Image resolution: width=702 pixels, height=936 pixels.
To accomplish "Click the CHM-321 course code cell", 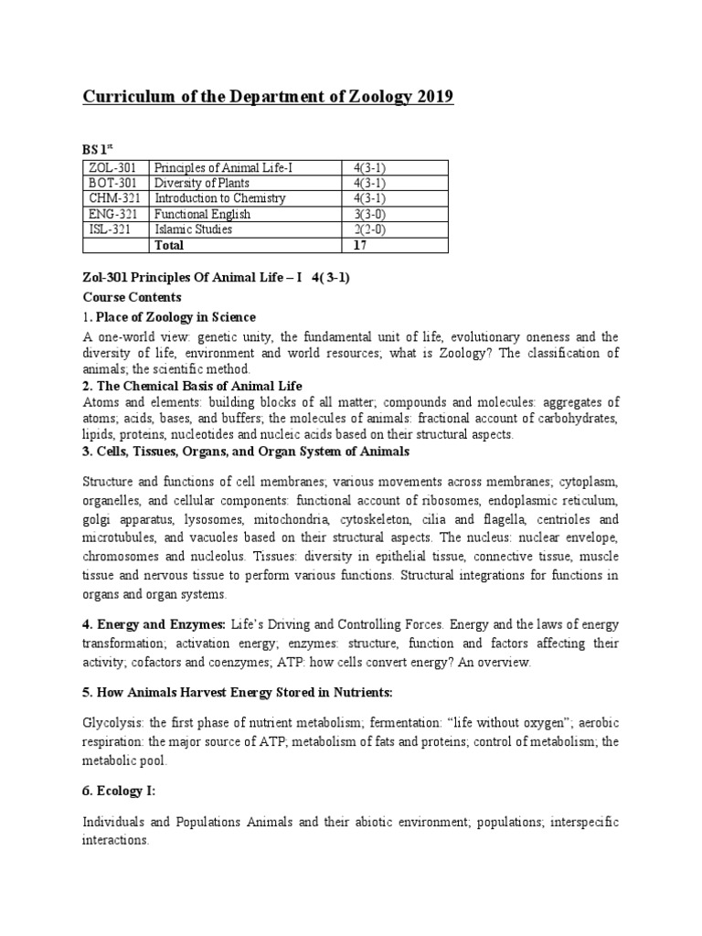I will (x=112, y=198).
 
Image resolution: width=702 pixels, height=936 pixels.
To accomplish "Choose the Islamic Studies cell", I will (x=194, y=229).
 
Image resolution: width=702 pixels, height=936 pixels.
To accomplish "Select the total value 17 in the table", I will (x=361, y=245).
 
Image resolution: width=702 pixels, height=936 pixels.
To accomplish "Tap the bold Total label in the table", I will (x=170, y=245).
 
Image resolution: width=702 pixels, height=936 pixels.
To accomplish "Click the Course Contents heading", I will (x=133, y=297).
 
